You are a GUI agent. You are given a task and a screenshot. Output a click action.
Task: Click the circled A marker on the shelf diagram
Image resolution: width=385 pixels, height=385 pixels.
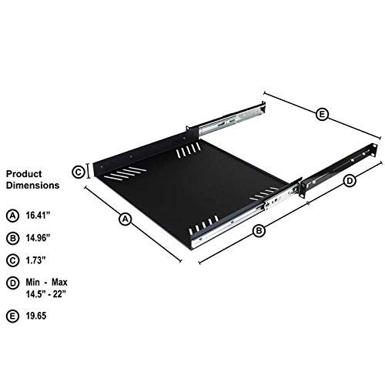pos(125,219)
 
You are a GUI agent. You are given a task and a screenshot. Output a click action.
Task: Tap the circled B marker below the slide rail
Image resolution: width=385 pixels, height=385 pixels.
pos(259,230)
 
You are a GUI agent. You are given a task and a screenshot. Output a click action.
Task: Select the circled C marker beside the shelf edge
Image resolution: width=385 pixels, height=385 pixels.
pos(78,172)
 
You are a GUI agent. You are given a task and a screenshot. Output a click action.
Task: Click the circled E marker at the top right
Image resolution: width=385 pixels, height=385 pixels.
pos(323,115)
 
